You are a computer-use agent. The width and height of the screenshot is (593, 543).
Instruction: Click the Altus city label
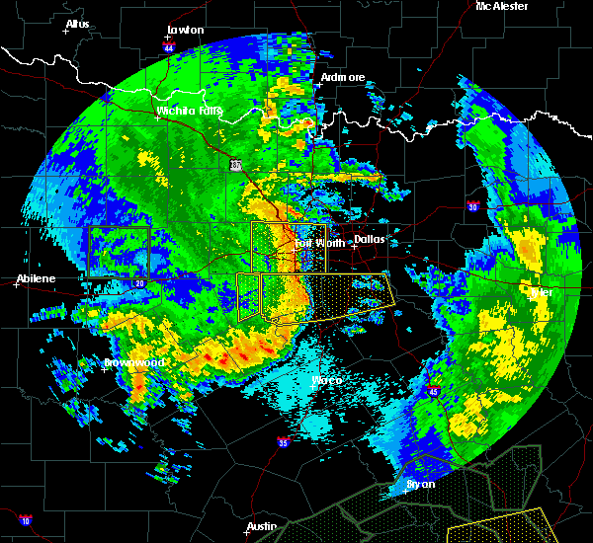point(77,23)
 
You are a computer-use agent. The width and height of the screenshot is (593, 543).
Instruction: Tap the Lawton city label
point(185,30)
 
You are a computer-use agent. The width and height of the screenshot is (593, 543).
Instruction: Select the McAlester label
point(502,6)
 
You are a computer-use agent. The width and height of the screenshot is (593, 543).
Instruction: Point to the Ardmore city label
point(343,77)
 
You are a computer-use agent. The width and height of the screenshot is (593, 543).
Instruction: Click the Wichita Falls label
point(190,111)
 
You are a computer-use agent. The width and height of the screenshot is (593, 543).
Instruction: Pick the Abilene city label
point(36,279)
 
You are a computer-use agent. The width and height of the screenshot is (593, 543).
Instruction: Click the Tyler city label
point(541,292)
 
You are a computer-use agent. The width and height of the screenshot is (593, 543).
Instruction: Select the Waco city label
point(326,380)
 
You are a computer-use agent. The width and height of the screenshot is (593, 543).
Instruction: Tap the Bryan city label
point(420,486)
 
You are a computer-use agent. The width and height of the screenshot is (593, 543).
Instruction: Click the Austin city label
point(262,526)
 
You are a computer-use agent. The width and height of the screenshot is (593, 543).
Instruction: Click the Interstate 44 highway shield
point(169,46)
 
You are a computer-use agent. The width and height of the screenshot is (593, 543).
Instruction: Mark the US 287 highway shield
point(235,165)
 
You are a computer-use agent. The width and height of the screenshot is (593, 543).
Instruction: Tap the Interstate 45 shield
point(433,393)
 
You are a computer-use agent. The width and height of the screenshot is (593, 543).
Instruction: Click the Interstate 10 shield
point(25,520)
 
